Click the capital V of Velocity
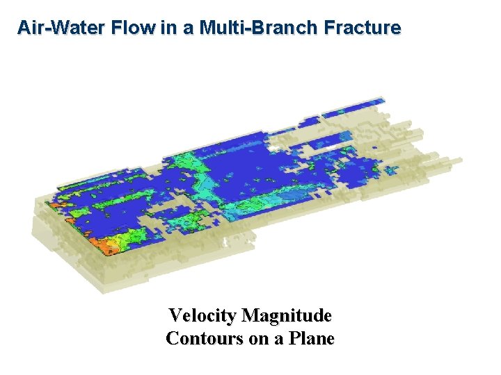click(175, 316)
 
